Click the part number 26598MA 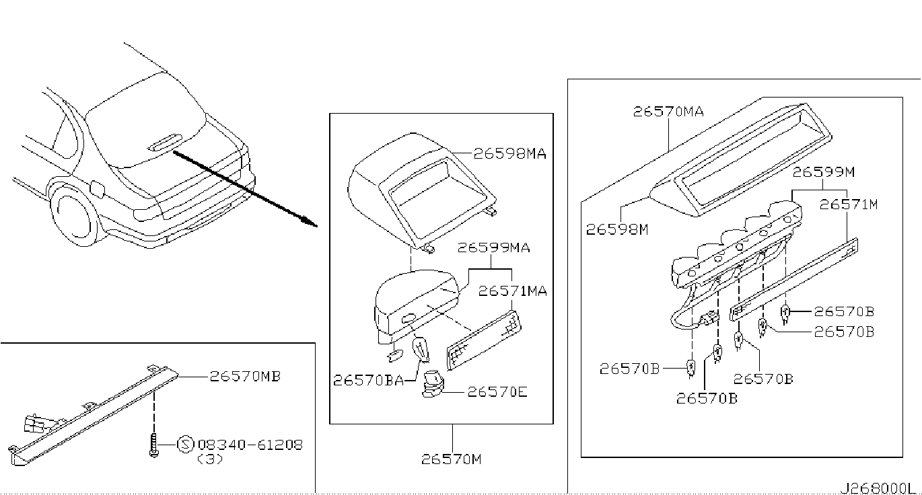[510, 153]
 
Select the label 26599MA [494, 247]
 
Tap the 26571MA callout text [512, 291]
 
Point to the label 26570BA [368, 380]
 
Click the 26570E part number [497, 391]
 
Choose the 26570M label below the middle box [451, 459]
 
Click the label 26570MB [246, 376]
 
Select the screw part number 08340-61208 [250, 445]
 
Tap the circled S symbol [185, 445]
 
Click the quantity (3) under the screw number [210, 459]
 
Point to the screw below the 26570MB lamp [153, 445]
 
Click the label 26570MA [668, 112]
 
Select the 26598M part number [617, 229]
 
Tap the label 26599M [824, 172]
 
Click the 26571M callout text [849, 204]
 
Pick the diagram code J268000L [875, 488]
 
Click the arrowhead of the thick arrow [310, 222]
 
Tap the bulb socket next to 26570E [433, 384]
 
